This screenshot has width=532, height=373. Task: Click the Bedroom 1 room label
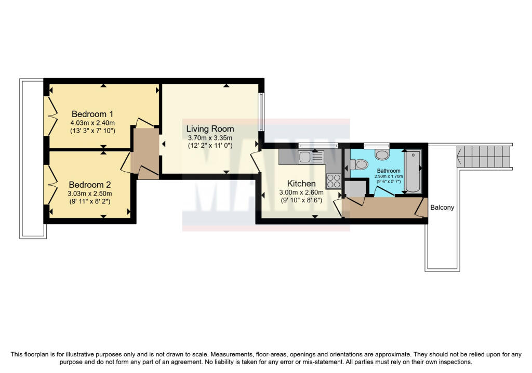(92, 114)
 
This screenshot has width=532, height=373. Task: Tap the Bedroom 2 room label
(89, 185)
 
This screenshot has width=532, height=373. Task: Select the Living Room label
(210, 128)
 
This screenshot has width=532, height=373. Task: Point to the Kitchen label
(301, 184)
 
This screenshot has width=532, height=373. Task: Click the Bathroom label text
(389, 171)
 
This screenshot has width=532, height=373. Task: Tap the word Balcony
(442, 207)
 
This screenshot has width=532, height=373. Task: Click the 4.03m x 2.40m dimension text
(92, 123)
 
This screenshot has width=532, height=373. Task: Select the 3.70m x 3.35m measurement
(210, 138)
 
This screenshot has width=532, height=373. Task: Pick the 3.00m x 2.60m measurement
(301, 192)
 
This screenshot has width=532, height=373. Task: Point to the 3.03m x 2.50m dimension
(89, 194)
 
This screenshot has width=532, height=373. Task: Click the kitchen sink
(311, 157)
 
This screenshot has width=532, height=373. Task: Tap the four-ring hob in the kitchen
(334, 181)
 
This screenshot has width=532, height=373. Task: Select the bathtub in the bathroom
(413, 172)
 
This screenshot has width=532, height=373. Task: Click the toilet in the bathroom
(359, 165)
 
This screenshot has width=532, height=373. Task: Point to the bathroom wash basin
(382, 154)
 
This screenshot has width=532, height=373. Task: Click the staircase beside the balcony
(484, 157)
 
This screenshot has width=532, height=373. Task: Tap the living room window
(261, 112)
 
